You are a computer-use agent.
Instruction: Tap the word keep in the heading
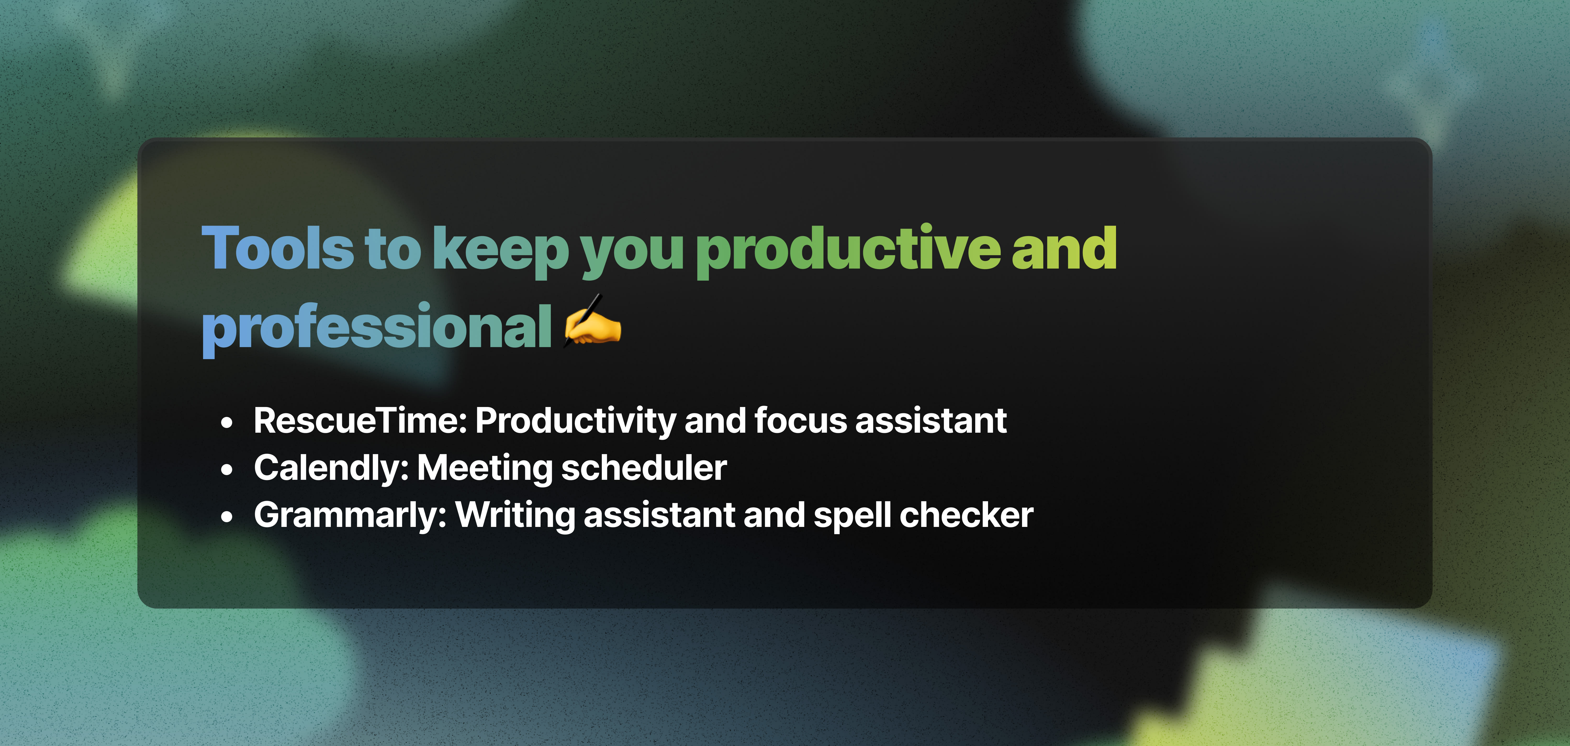(501, 251)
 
